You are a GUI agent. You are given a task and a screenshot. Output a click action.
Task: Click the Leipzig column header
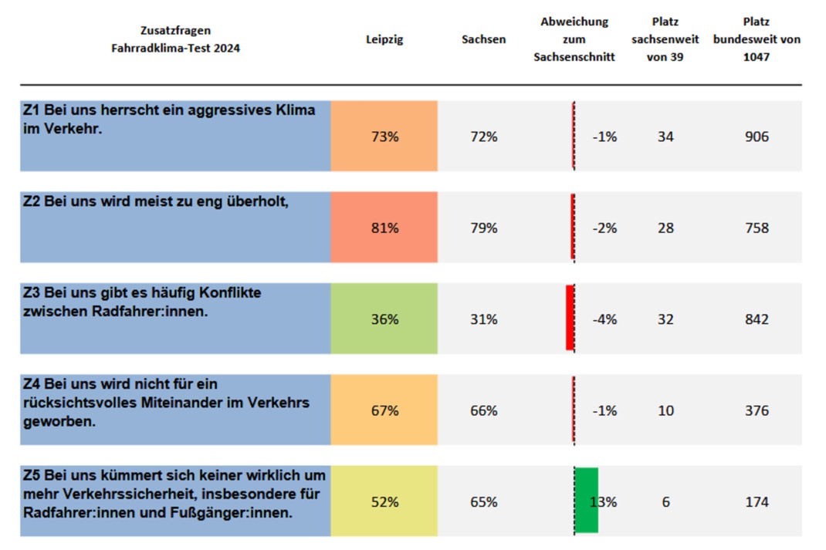click(384, 39)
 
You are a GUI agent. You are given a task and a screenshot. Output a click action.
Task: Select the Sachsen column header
click(483, 39)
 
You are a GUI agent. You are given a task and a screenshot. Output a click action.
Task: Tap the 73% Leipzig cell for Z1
click(384, 137)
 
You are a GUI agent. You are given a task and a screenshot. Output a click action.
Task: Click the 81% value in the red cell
click(384, 228)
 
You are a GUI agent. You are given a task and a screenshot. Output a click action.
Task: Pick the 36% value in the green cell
click(384, 319)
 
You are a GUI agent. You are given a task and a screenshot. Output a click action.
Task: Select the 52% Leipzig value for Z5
click(384, 502)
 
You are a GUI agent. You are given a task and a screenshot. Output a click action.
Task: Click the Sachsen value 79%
click(484, 228)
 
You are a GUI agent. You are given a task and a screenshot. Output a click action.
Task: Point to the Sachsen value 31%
click(484, 319)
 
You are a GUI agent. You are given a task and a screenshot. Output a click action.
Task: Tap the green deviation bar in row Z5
click(587, 500)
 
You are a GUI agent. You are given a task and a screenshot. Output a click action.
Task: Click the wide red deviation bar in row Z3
click(570, 318)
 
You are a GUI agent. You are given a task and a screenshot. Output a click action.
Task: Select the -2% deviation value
click(604, 228)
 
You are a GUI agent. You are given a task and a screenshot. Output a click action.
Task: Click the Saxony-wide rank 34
click(665, 137)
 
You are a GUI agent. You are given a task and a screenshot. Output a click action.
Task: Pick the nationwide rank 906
click(757, 137)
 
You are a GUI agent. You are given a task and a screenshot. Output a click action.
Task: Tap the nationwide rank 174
click(757, 502)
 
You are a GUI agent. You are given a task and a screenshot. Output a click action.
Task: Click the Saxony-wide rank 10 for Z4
click(665, 410)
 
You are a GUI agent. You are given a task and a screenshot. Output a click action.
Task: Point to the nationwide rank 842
click(757, 319)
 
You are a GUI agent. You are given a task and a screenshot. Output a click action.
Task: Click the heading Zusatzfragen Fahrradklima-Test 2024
click(175, 39)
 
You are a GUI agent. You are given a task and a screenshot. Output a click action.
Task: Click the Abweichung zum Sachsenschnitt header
click(574, 39)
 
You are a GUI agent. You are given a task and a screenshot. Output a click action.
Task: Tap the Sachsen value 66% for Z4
click(484, 410)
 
